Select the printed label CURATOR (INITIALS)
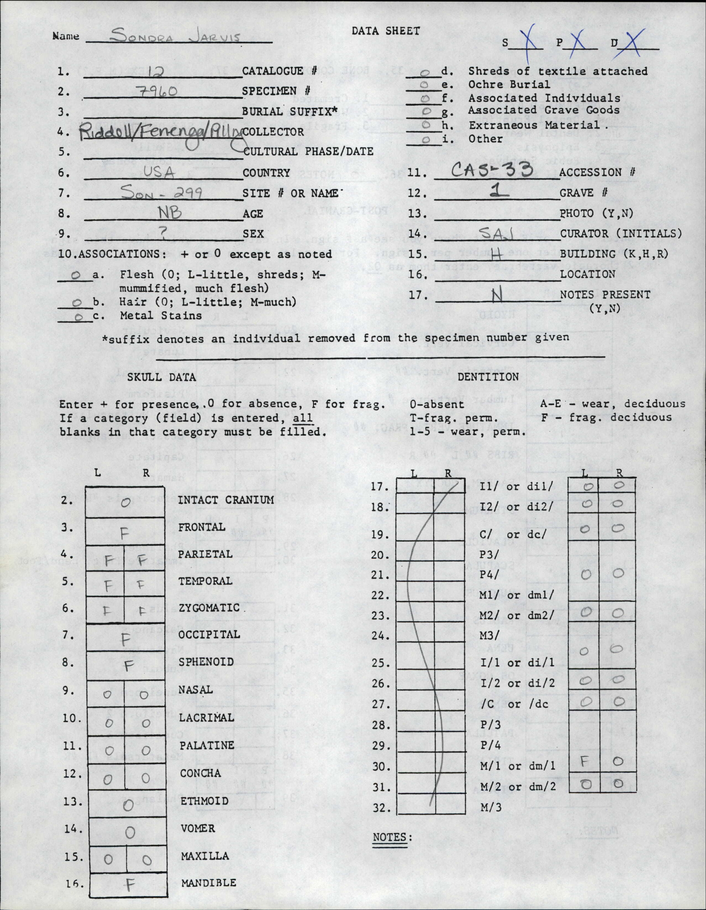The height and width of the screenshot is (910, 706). tap(621, 233)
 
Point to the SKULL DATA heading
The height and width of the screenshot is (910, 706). tap(161, 377)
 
